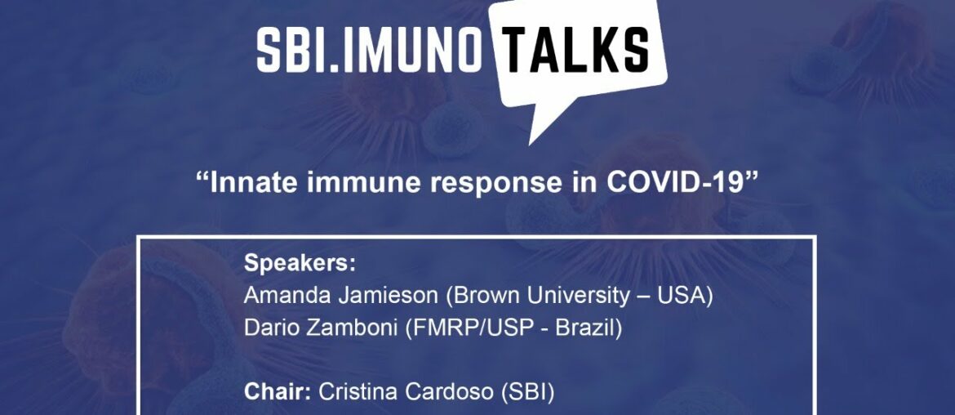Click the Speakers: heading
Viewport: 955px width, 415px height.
[x=300, y=265]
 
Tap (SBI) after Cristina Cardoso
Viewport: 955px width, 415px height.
[x=530, y=392]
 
